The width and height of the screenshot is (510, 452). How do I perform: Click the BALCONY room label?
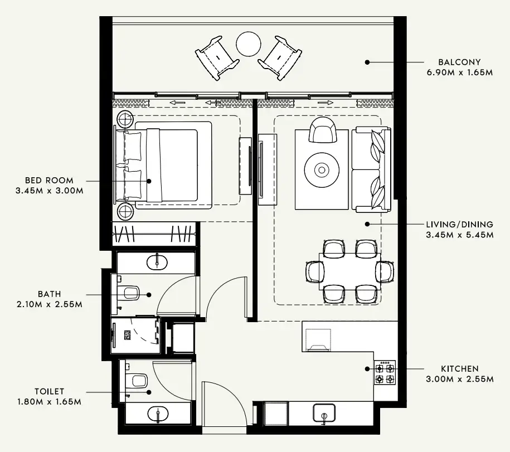click(459, 62)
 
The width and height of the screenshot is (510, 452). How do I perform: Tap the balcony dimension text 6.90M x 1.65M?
click(459, 72)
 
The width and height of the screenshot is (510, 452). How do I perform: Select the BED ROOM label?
click(48, 181)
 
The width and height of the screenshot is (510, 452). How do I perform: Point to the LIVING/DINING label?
click(459, 224)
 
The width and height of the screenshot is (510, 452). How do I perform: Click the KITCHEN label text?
click(459, 369)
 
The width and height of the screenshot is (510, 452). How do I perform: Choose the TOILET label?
click(49, 392)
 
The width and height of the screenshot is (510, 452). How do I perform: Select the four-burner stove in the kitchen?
click(385, 373)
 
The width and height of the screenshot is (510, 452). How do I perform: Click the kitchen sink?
click(323, 414)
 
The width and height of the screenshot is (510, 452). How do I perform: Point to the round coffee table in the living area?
click(322, 169)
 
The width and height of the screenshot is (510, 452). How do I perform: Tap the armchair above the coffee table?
click(322, 130)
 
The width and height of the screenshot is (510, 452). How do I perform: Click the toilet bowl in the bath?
click(130, 293)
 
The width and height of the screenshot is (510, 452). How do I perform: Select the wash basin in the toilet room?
click(157, 414)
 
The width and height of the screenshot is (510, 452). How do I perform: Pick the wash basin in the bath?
click(157, 261)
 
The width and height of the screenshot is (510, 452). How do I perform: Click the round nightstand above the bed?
click(125, 118)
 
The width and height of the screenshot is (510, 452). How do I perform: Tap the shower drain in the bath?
click(127, 335)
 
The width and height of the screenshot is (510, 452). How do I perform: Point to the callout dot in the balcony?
click(367, 62)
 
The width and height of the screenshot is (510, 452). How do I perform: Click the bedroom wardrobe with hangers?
click(154, 233)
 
